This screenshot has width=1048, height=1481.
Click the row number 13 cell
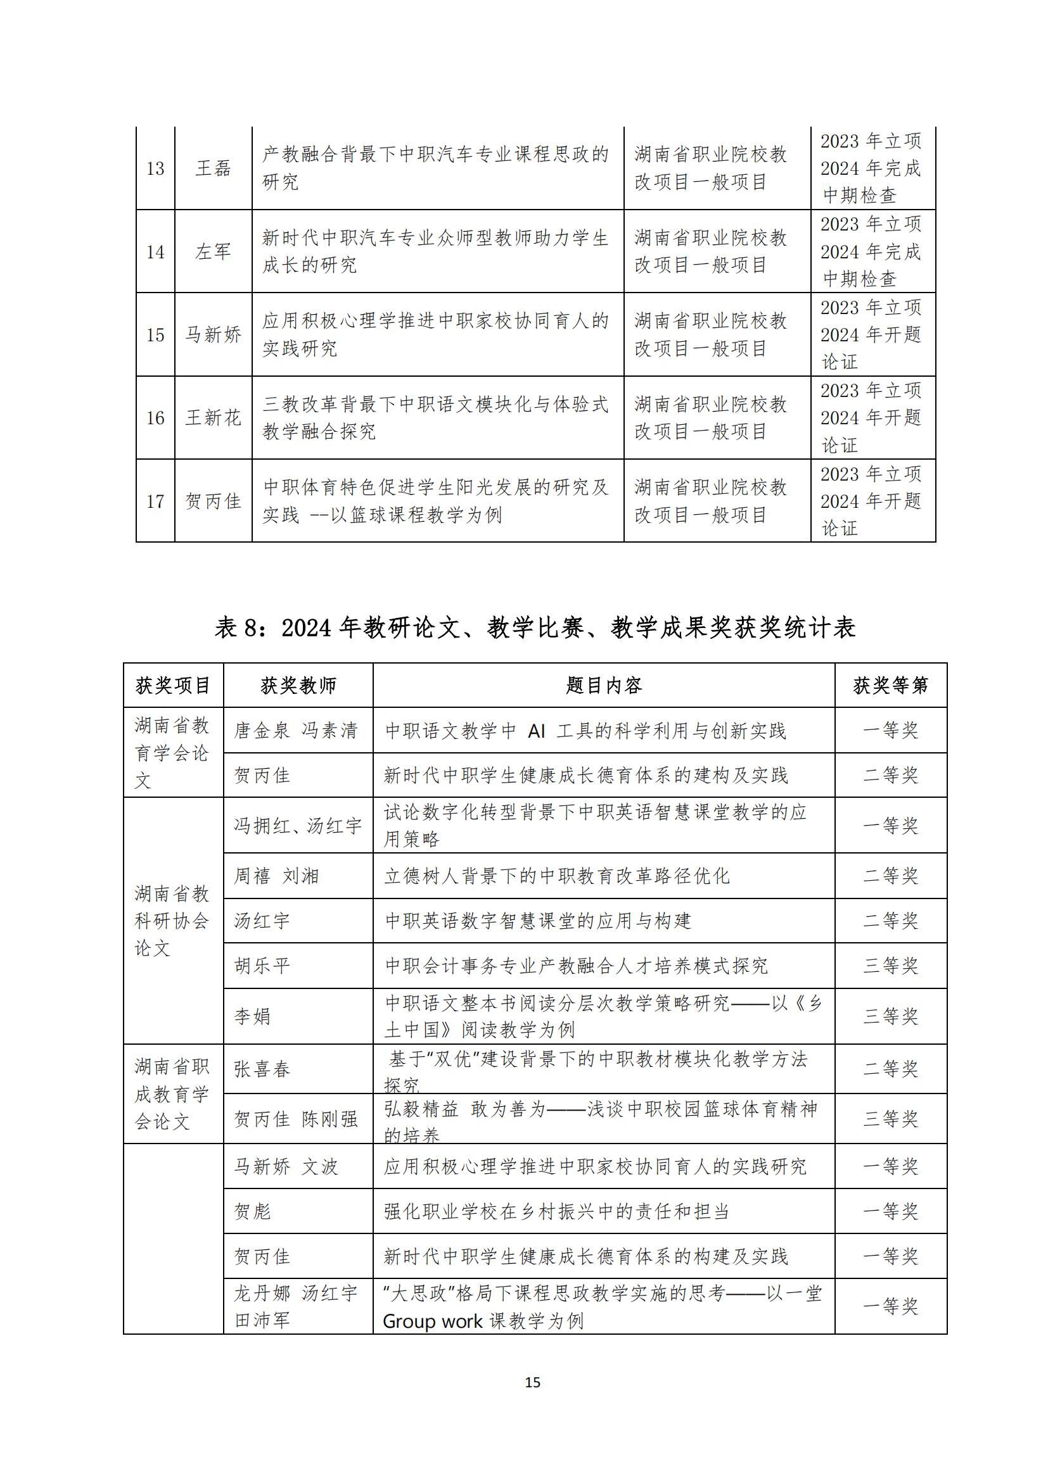(155, 168)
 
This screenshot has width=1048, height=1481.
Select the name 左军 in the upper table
(213, 251)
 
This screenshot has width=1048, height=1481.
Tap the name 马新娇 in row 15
(213, 334)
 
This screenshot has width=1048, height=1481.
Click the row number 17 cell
(155, 501)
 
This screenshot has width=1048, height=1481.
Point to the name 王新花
(213, 417)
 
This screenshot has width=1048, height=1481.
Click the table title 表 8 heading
(535, 627)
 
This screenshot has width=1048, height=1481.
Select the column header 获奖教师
(298, 686)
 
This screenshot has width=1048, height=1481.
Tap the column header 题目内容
(603, 686)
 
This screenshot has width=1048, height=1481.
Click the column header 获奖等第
(890, 686)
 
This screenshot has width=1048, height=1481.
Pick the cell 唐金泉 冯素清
(295, 730)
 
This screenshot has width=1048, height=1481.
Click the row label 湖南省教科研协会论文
(172, 921)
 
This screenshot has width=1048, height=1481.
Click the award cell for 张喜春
(890, 1068)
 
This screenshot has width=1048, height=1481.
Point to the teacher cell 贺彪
(252, 1211)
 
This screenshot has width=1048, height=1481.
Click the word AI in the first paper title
(536, 731)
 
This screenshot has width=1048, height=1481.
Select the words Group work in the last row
(432, 1321)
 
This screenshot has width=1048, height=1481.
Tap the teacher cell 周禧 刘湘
(276, 876)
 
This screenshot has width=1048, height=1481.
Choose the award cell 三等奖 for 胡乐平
(890, 966)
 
